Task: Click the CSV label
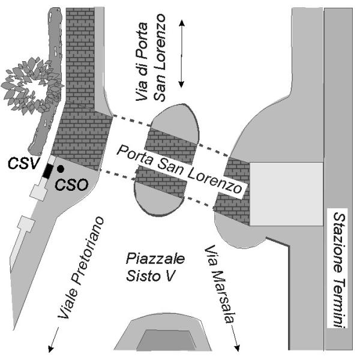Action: coord(23,163)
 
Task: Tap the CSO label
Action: coord(71,185)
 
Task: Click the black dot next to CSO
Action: coord(61,169)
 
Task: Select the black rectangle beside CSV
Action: coord(48,171)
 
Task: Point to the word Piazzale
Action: coord(155,259)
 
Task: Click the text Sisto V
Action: coord(151,276)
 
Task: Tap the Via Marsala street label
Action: coord(220,284)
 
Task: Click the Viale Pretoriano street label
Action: coord(80,268)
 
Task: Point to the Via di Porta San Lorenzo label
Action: coord(151,58)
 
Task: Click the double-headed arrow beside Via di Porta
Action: coord(182,54)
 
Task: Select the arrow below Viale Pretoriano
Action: coord(53,340)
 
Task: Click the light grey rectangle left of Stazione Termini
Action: coord(287,194)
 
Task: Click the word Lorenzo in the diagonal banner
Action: coord(215,181)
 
